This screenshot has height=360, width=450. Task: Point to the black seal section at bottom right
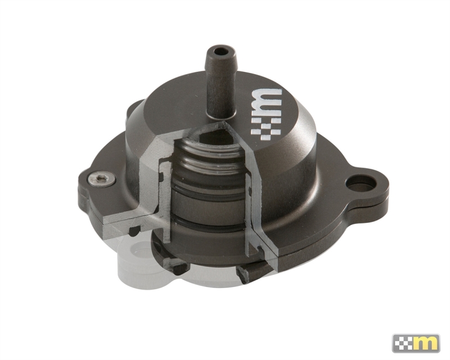(247, 273)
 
